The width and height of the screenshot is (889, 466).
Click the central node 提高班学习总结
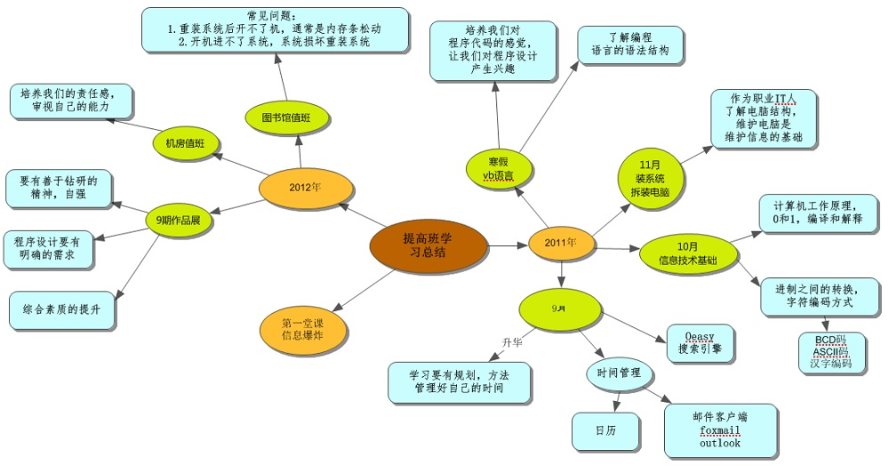coord(428,245)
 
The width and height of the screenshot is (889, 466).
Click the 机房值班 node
coord(185,143)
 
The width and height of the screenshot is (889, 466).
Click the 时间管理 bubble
coord(619,374)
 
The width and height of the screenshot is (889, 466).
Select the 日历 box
coord(605,430)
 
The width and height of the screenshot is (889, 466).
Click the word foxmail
coord(719,430)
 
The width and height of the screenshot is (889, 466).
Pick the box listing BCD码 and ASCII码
coord(831,352)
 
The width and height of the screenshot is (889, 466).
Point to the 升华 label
coord(511,341)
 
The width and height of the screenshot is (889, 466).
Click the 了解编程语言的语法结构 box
coord(630,44)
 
